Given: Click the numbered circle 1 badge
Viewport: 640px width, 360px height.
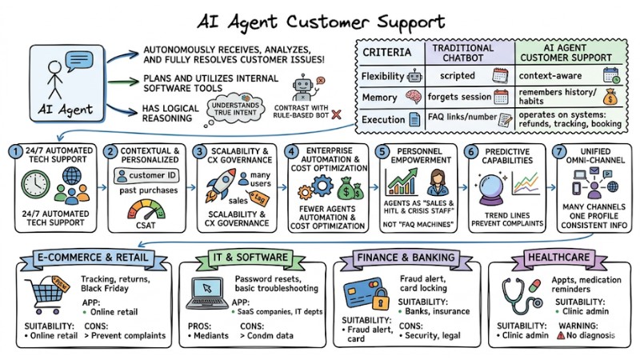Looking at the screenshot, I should [14, 150].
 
